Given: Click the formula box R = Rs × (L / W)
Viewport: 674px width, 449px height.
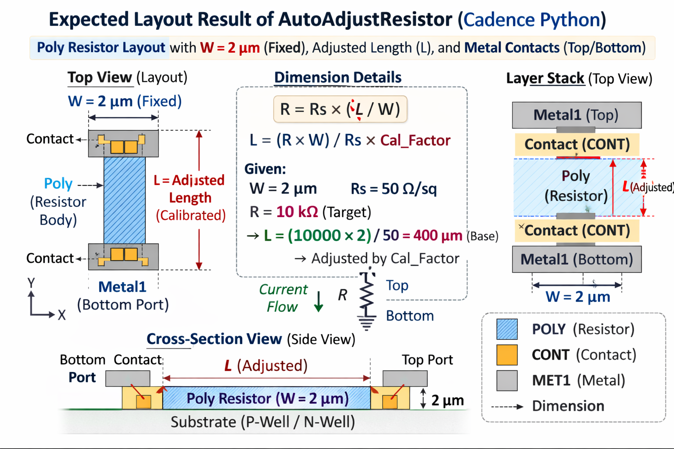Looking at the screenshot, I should [340, 109].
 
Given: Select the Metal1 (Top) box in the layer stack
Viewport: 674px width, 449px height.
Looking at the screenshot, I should [577, 115].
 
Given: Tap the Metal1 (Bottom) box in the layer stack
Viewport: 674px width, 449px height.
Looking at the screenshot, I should [577, 259].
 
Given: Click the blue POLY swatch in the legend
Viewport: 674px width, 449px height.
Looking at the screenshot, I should [507, 329].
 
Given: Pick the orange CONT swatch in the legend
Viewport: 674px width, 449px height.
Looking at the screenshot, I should [507, 355].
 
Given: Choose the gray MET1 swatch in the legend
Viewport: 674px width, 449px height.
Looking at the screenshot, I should [507, 380].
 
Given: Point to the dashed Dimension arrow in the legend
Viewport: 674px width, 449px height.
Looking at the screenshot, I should [507, 406].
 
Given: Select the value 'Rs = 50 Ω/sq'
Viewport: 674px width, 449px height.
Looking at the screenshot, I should [394, 189].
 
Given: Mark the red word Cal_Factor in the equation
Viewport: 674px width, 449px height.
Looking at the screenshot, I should [415, 140].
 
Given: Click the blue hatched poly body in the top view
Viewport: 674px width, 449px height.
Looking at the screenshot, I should [125, 200].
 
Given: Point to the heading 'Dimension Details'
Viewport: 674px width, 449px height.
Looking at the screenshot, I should [337, 77].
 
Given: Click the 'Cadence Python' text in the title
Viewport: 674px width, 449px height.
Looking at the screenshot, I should [532, 20].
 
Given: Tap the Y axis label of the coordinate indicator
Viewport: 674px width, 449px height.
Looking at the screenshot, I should [31, 283].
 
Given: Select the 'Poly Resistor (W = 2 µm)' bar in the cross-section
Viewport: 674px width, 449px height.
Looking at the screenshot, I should [267, 398].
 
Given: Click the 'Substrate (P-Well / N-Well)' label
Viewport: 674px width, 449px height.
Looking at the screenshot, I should [262, 422].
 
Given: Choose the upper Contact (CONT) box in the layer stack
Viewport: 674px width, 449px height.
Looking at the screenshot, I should [577, 144].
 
